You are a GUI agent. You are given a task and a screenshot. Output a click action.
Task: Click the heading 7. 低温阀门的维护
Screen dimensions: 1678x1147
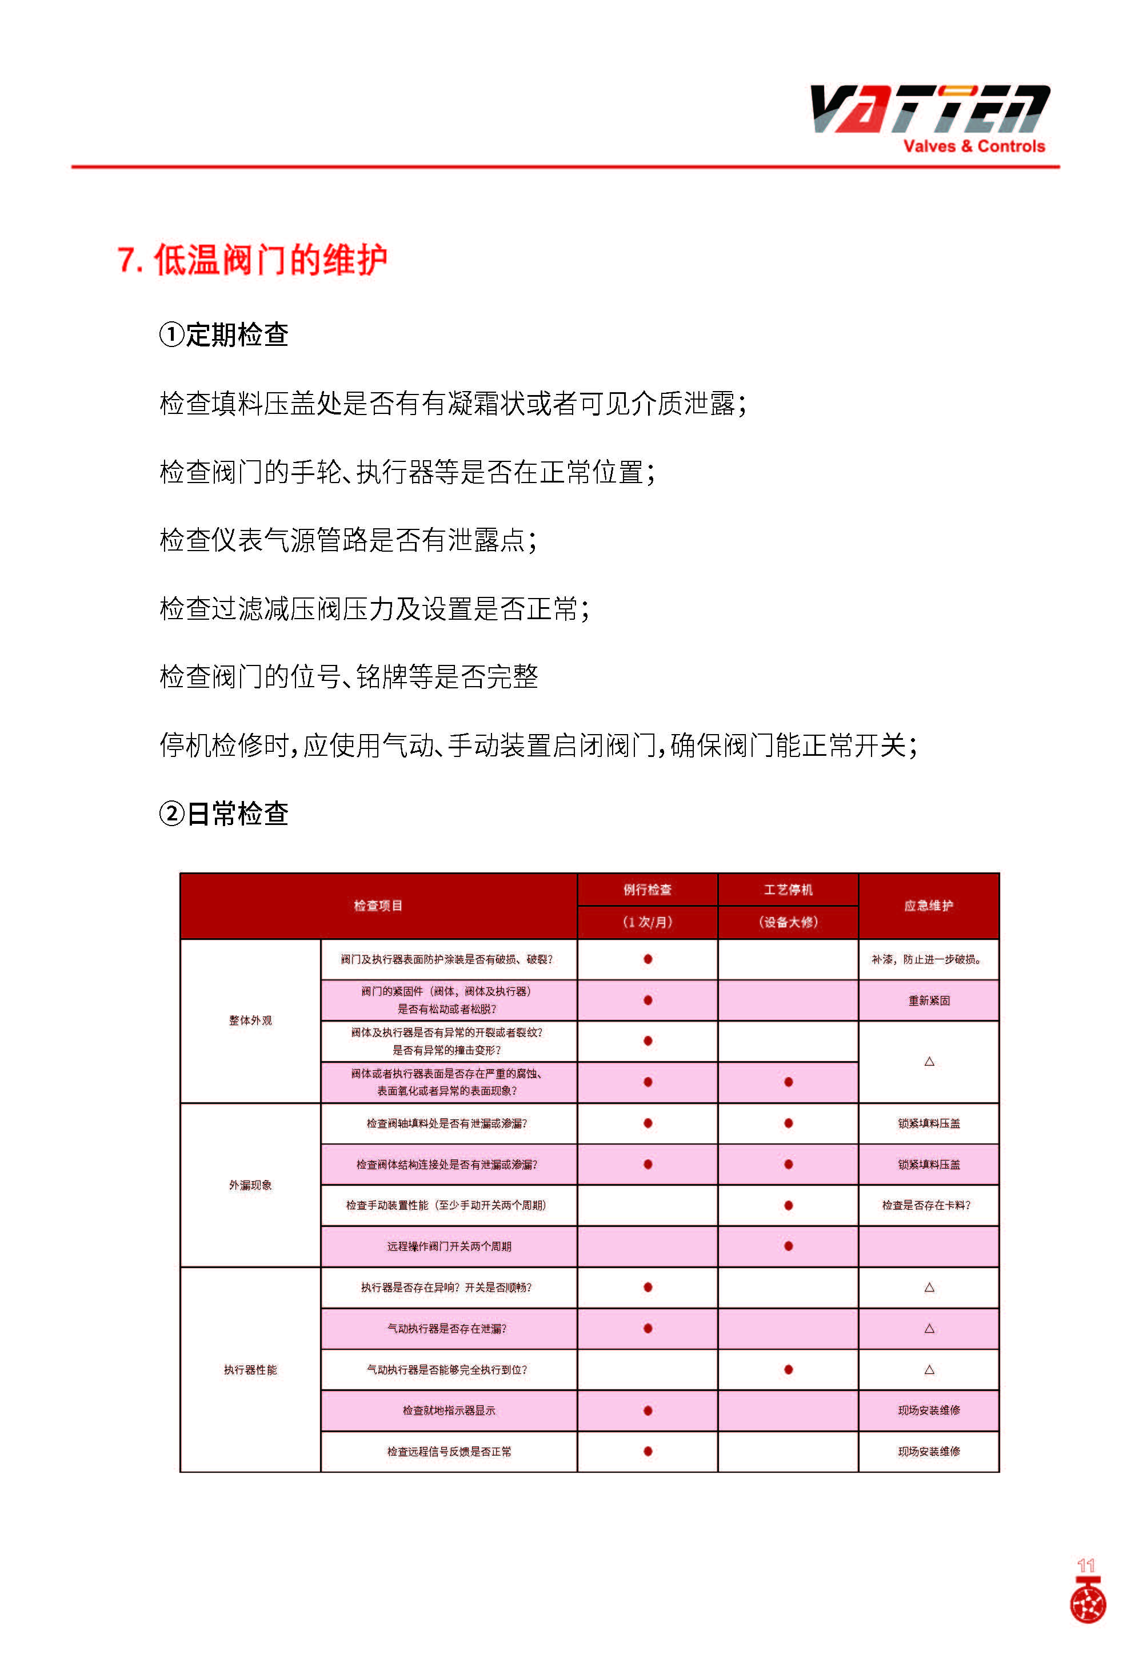point(252,260)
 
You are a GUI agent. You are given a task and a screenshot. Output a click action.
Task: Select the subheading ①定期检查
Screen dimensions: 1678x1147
point(224,335)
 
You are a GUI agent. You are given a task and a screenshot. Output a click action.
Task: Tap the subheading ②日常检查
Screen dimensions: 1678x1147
point(224,814)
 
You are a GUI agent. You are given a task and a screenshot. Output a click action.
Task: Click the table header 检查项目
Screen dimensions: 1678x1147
point(378,906)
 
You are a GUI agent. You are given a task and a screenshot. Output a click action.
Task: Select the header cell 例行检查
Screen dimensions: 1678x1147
point(648,890)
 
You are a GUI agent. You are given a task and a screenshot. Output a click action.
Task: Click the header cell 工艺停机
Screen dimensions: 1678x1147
point(788,890)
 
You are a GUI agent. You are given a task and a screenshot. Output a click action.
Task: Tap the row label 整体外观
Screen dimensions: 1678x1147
point(250,1020)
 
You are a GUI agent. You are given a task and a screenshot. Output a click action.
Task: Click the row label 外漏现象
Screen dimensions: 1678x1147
point(250,1185)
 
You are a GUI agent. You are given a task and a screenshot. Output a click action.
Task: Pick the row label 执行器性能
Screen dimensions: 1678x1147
point(250,1370)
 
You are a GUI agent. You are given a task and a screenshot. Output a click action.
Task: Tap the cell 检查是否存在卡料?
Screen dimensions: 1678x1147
point(926,1205)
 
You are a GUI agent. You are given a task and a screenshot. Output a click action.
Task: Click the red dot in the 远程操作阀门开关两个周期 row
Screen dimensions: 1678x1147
point(788,1246)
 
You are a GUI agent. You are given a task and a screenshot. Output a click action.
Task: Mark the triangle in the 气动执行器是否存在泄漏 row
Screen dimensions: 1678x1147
point(929,1329)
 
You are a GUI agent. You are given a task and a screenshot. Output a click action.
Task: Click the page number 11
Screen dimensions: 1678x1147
point(1086,1565)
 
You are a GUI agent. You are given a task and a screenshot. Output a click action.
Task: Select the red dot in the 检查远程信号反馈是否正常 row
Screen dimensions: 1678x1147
point(648,1451)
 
